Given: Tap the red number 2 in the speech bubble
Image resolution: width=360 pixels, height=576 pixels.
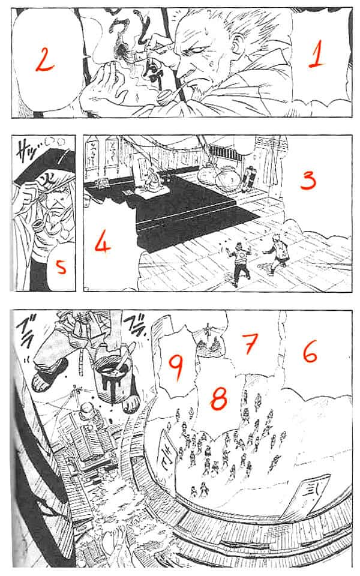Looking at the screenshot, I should coord(44,59).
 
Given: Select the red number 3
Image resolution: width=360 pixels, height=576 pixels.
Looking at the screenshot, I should coord(307,180).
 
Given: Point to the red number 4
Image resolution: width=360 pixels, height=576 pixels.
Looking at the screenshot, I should coord(103,244).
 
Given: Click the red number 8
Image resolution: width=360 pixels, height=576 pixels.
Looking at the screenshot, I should coord(218,397).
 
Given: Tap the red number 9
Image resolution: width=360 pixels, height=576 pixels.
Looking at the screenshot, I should coord(175,364).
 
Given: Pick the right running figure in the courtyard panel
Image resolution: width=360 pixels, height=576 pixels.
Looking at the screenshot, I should coord(278,254).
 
